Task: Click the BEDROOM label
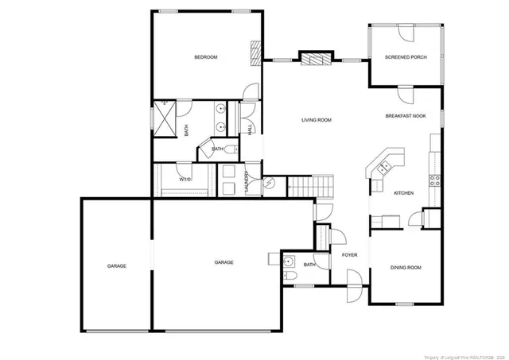[x=206, y=57]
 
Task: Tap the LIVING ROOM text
[x=316, y=120]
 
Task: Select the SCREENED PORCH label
[x=406, y=57]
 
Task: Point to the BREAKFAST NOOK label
[x=406, y=116]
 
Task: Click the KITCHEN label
[x=404, y=193]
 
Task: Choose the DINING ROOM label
[x=406, y=268]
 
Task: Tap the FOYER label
[x=349, y=255]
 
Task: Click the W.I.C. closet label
[x=185, y=179]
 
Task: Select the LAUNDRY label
[x=248, y=183]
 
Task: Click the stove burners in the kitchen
[x=436, y=180]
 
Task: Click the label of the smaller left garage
[x=117, y=265]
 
